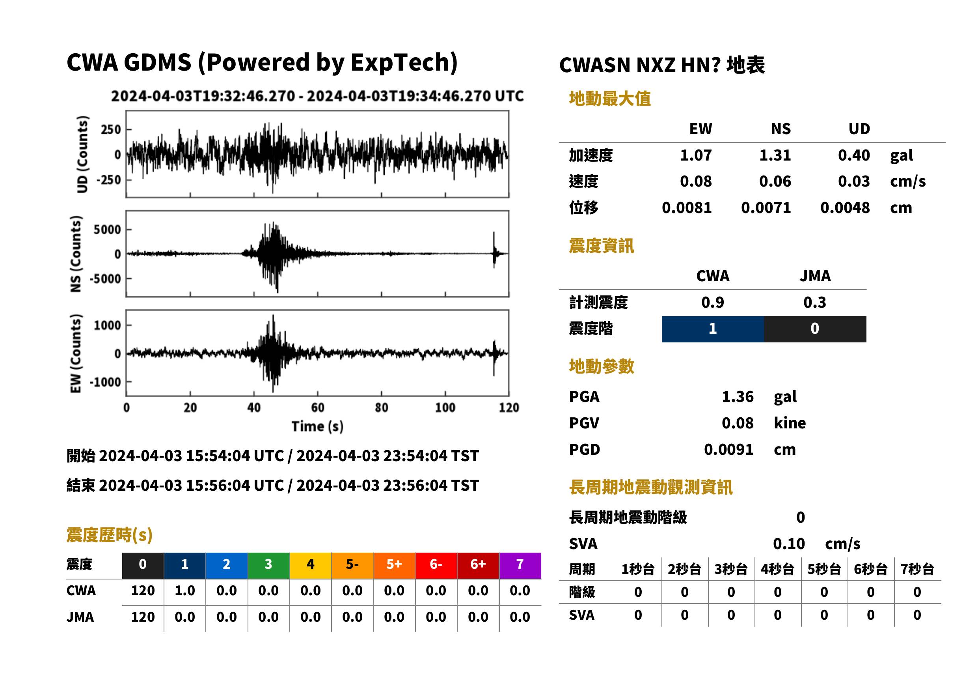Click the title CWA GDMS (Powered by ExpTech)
(262, 63)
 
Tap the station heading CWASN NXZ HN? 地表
(662, 65)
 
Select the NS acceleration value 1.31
(775, 155)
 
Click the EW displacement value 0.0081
(686, 208)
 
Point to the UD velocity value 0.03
(854, 181)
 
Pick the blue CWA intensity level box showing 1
(713, 329)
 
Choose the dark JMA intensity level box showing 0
(815, 329)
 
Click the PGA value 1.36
(738, 396)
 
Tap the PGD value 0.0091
(728, 449)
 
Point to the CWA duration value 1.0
(185, 591)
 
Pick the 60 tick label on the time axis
(318, 407)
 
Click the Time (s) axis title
(317, 426)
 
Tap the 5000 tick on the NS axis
(107, 230)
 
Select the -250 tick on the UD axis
(108, 180)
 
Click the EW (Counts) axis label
(76, 353)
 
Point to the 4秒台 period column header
(778, 570)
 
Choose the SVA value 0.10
(789, 544)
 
